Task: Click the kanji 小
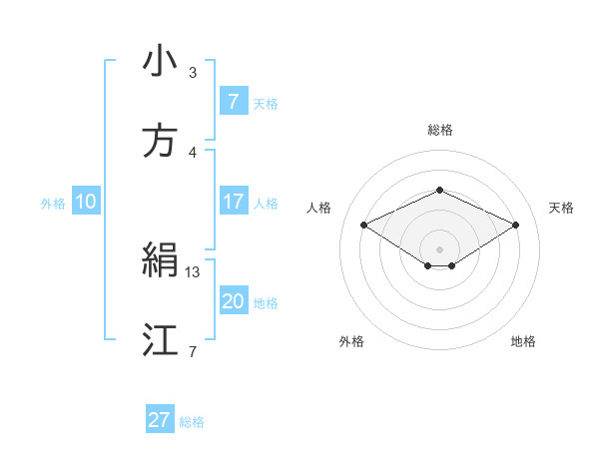pyautogui.click(x=160, y=62)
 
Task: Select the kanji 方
pyautogui.click(x=160, y=142)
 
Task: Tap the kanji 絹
pyautogui.click(x=160, y=261)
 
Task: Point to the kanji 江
pyautogui.click(x=160, y=340)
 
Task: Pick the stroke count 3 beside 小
pyautogui.click(x=193, y=73)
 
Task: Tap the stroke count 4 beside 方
pyautogui.click(x=193, y=153)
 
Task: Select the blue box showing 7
pyautogui.click(x=233, y=101)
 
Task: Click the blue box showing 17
pyautogui.click(x=233, y=202)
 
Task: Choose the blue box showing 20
pyautogui.click(x=233, y=301)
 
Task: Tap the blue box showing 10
pyautogui.click(x=86, y=202)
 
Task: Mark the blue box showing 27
pyautogui.click(x=160, y=420)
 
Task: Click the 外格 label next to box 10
pyautogui.click(x=53, y=203)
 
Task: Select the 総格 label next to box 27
pyautogui.click(x=192, y=421)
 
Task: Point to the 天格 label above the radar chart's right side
pyautogui.click(x=562, y=208)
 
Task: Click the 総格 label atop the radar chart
pyautogui.click(x=439, y=130)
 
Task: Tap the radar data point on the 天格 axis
pyautogui.click(x=516, y=225)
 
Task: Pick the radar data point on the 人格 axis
pyautogui.click(x=363, y=225)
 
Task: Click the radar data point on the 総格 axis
pyautogui.click(x=439, y=190)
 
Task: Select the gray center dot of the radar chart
pyautogui.click(x=439, y=247)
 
